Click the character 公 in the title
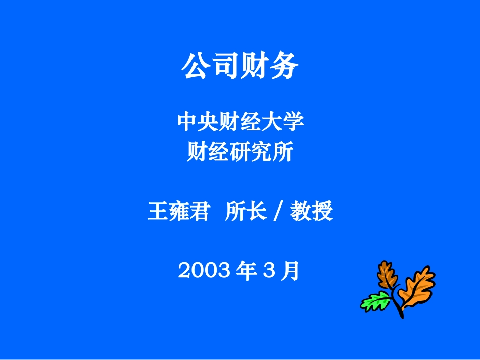pyautogui.click(x=196, y=67)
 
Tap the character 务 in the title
pyautogui.click(x=284, y=67)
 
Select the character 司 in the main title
pyautogui.click(x=225, y=67)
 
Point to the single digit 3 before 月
pyautogui.click(x=268, y=272)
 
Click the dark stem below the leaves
pyautogui.click(x=400, y=309)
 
